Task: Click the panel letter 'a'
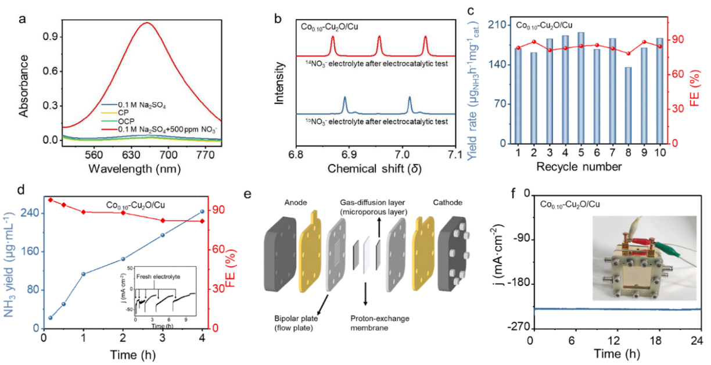tap(22, 17)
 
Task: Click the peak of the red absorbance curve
tap(147, 23)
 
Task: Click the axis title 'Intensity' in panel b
tap(281, 84)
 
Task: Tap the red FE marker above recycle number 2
tap(533, 42)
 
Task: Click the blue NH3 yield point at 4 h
tap(202, 212)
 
